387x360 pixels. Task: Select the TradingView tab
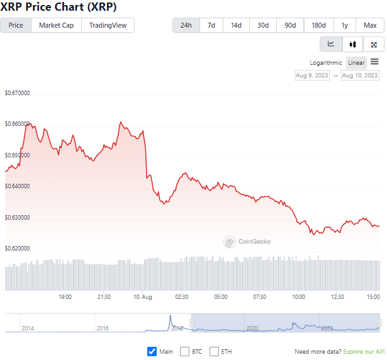108,25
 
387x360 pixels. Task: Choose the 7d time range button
211,25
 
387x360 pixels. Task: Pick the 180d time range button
319,25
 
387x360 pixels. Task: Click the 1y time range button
345,25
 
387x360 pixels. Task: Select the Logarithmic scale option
326,63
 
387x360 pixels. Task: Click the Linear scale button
356,63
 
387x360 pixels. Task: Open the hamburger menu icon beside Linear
374,62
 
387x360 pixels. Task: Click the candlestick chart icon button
352,44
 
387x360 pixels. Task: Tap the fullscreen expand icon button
374,44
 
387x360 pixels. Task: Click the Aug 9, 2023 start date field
311,76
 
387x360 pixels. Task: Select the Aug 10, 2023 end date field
360,76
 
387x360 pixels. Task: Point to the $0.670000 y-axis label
18,93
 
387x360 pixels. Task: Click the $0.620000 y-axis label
18,249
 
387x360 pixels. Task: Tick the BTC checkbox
185,351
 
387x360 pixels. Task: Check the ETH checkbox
215,351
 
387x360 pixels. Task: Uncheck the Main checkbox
152,351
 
